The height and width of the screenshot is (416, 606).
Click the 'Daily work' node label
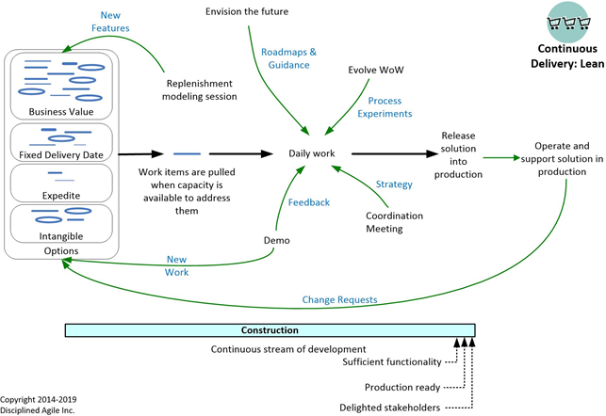coord(312,153)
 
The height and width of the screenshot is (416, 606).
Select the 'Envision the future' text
coord(248,11)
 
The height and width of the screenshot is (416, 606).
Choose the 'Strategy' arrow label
coord(394,184)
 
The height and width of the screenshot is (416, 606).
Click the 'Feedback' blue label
coord(309,202)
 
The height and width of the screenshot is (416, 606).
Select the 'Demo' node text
coord(275,240)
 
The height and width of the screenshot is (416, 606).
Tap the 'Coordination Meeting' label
coord(394,222)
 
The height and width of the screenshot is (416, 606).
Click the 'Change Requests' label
coord(339,299)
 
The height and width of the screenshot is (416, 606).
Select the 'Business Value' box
coord(59,86)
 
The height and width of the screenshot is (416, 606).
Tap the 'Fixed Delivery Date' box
coord(59,142)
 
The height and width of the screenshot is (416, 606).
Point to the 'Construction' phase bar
coord(270,330)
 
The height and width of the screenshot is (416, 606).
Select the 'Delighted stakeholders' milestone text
coord(388,408)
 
